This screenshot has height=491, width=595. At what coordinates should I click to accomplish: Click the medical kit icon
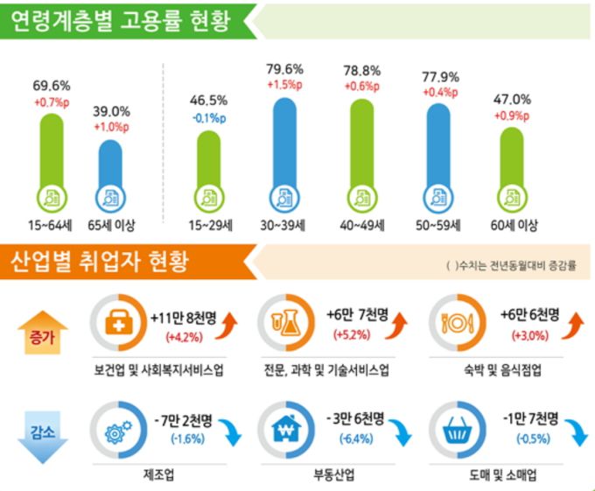click(x=118, y=326)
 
